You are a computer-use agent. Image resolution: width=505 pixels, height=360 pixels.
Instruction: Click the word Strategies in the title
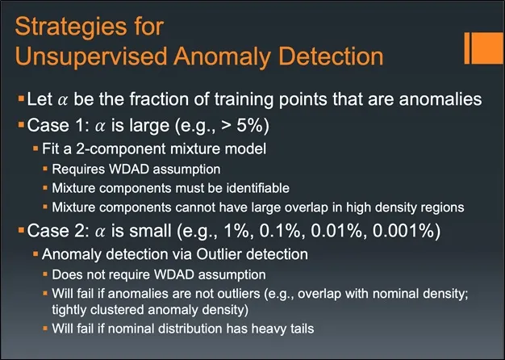pyautogui.click(x=71, y=28)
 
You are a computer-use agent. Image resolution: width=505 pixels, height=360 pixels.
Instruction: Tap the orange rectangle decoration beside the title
pyautogui.click(x=484, y=48)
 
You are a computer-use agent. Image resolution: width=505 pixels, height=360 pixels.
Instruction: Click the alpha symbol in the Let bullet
pyautogui.click(x=63, y=100)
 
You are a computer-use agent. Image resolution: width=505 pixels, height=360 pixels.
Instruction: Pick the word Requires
pyautogui.click(x=78, y=170)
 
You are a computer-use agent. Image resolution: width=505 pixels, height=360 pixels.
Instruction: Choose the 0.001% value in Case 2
pyautogui.click(x=403, y=231)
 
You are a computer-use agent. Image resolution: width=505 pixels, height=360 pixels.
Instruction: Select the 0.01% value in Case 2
pyautogui.click(x=336, y=231)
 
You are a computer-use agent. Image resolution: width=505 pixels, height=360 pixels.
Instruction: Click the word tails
pyautogui.click(x=299, y=329)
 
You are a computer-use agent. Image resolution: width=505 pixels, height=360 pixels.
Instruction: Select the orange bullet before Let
pyautogui.click(x=21, y=98)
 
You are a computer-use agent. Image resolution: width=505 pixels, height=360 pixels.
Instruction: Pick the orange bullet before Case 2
pyautogui.click(x=21, y=230)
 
